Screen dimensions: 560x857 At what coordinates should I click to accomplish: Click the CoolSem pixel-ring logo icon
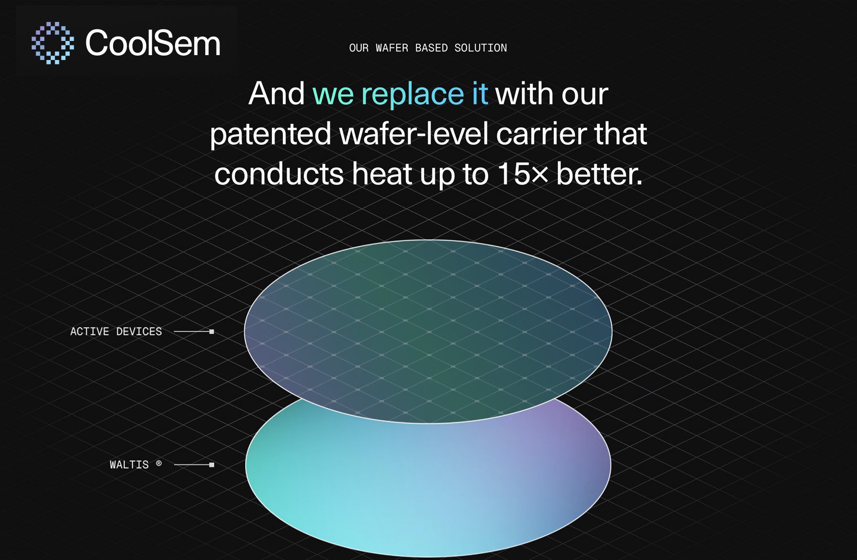tap(53, 43)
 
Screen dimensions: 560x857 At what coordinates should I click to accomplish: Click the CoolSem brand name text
tap(153, 43)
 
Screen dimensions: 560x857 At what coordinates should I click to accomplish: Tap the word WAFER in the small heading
tap(391, 48)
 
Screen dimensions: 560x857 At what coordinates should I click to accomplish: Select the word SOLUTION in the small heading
tap(480, 48)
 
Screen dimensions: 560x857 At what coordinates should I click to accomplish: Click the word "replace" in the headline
tap(412, 94)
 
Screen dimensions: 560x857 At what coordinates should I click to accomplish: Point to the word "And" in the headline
tap(276, 94)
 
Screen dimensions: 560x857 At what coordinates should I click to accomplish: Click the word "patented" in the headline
tap(271, 134)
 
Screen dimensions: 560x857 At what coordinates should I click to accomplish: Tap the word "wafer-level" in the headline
tap(413, 134)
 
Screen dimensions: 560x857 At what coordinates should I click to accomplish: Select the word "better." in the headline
tap(599, 174)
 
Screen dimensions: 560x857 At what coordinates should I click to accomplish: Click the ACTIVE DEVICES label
tap(116, 332)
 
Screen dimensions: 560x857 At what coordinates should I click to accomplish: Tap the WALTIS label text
tap(129, 465)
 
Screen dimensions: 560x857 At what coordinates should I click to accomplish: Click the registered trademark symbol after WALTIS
tap(158, 463)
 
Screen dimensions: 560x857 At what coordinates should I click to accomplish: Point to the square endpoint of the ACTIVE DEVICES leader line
tap(212, 332)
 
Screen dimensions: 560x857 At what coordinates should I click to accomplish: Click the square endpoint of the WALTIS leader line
tap(212, 465)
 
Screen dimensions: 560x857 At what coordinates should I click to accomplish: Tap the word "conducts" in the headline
tap(279, 174)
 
